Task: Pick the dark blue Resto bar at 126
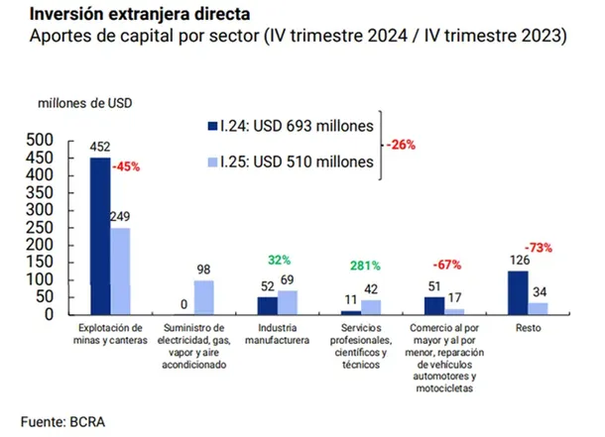[x=517, y=291]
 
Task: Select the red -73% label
[x=539, y=248]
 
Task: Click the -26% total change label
[x=402, y=145]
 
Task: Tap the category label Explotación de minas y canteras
[x=110, y=333]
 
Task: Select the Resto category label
[x=527, y=327]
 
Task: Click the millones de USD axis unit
[x=85, y=102]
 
